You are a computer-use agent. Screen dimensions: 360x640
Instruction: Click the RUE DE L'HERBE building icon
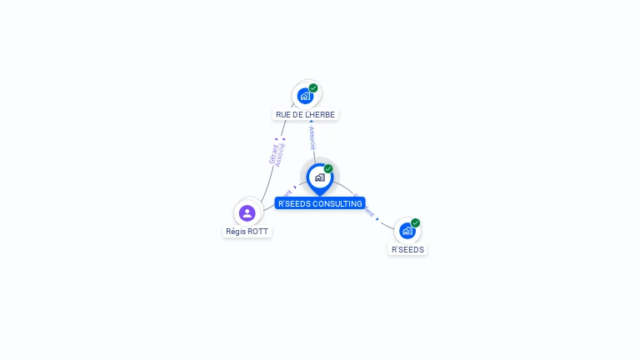pyautogui.click(x=305, y=96)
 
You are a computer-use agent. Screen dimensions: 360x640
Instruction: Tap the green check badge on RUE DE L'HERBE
pyautogui.click(x=313, y=88)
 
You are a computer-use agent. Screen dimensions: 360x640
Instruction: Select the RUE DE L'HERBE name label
pyautogui.click(x=306, y=114)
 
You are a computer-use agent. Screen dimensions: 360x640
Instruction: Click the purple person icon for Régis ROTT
pyautogui.click(x=247, y=213)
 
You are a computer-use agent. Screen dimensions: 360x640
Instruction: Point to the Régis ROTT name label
pyautogui.click(x=247, y=231)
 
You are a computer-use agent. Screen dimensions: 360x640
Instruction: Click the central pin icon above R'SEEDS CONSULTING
pyautogui.click(x=319, y=177)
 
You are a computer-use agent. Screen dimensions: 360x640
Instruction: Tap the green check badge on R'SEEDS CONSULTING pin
pyautogui.click(x=328, y=169)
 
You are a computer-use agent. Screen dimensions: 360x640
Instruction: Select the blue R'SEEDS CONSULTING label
pyautogui.click(x=320, y=203)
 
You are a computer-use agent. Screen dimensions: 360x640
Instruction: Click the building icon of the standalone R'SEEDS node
pyautogui.click(x=407, y=231)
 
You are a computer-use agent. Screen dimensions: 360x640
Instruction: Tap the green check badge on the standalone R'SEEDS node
pyautogui.click(x=415, y=223)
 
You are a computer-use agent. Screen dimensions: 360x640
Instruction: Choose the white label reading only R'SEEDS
pyautogui.click(x=407, y=249)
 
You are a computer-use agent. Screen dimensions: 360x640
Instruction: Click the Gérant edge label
pyautogui.click(x=273, y=154)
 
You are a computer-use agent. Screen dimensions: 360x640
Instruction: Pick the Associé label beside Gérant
pyautogui.click(x=281, y=155)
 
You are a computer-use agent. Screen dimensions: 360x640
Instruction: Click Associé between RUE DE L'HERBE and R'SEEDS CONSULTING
pyautogui.click(x=312, y=137)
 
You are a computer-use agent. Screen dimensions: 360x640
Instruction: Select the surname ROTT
pyautogui.click(x=258, y=231)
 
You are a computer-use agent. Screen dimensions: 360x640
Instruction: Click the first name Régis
pyautogui.click(x=236, y=231)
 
